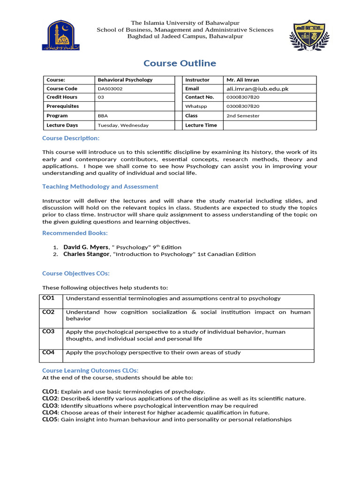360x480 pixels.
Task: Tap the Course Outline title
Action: [x=180, y=63]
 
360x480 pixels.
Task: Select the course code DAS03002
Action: [x=110, y=89]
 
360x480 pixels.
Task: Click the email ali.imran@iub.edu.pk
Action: [x=256, y=89]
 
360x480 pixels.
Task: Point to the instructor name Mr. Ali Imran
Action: [x=243, y=80]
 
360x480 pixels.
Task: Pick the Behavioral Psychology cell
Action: [x=125, y=80]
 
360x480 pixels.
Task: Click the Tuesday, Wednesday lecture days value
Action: [x=123, y=125]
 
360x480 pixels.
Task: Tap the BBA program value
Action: [x=103, y=116]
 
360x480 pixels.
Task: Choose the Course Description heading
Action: [x=71, y=138]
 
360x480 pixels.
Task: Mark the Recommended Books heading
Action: [x=75, y=233]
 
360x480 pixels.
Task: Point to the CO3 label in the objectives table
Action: [x=49, y=331]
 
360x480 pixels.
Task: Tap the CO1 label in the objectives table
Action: [x=49, y=298]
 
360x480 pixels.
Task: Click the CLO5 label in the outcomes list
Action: [x=50, y=420]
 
